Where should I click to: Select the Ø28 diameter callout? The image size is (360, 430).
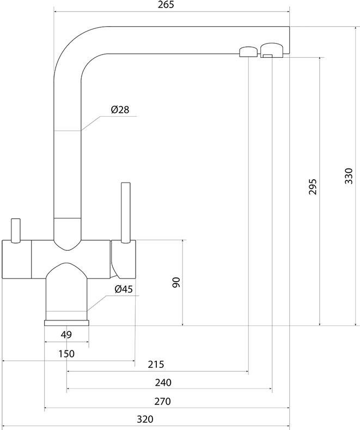[x=119, y=110]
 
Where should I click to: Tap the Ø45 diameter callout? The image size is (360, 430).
[x=124, y=289]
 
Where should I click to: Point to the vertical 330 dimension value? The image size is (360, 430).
[x=349, y=176]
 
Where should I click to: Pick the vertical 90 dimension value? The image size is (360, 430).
[x=175, y=283]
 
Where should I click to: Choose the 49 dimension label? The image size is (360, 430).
[x=66, y=335]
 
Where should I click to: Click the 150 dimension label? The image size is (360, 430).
[x=66, y=354]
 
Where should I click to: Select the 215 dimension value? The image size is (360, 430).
[x=156, y=364]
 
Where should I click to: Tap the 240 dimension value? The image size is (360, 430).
[x=163, y=383]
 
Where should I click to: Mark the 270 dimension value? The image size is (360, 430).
[x=163, y=402]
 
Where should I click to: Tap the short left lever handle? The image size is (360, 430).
[x=15, y=229]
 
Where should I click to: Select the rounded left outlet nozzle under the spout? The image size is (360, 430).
[x=247, y=51]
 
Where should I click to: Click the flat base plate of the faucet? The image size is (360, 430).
[x=66, y=323]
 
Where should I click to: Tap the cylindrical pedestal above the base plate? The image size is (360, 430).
[x=66, y=297]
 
